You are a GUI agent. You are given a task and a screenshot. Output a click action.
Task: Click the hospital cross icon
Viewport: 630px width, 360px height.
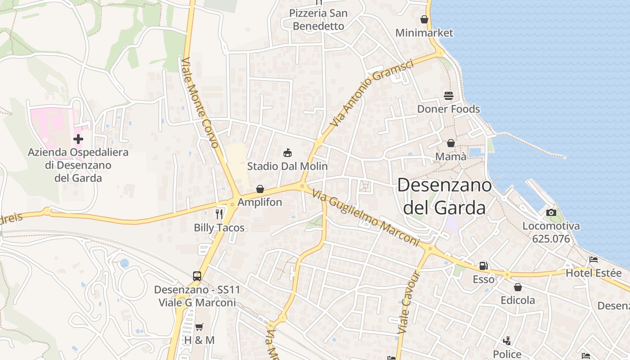click(x=78, y=139)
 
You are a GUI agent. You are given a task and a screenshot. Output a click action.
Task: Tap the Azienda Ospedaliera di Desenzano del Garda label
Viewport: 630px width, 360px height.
click(x=78, y=165)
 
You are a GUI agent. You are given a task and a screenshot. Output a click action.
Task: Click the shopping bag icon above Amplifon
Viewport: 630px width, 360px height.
click(x=260, y=189)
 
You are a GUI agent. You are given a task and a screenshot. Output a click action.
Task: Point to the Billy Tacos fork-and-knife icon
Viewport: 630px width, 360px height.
click(x=219, y=214)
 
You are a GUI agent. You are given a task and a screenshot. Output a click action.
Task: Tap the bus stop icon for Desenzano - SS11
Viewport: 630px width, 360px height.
click(x=197, y=276)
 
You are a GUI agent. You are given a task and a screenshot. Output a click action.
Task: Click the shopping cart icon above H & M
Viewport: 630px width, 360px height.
click(x=199, y=327)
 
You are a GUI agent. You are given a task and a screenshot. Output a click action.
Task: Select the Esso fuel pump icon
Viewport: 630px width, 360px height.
click(x=483, y=266)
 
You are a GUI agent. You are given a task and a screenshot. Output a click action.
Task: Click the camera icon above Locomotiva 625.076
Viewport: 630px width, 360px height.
click(x=551, y=212)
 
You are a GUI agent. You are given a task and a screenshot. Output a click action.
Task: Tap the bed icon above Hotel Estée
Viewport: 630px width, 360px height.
click(x=594, y=260)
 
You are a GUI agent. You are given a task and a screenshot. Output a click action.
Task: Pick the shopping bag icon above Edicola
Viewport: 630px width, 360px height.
click(x=518, y=287)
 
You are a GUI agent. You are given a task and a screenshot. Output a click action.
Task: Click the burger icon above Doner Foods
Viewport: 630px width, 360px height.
click(x=449, y=96)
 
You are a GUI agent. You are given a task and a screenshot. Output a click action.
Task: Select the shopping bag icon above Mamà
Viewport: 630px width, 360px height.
click(x=451, y=144)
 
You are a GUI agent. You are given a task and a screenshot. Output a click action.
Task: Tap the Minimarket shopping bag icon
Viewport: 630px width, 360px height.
click(x=424, y=20)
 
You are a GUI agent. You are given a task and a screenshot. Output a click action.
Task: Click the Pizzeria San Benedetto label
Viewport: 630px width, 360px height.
click(x=319, y=20)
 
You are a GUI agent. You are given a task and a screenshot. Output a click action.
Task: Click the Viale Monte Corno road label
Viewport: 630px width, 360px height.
click(x=200, y=103)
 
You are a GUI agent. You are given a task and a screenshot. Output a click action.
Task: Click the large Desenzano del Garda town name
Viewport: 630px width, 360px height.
click(x=445, y=196)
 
